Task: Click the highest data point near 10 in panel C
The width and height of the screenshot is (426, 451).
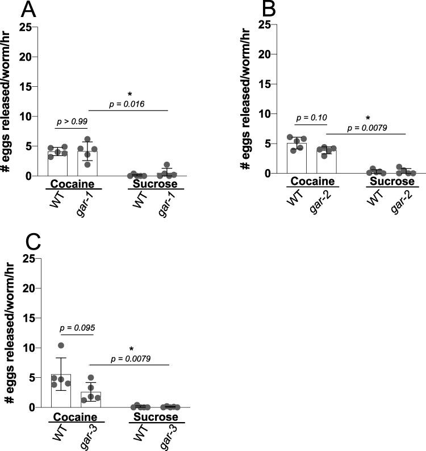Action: [x=61, y=345]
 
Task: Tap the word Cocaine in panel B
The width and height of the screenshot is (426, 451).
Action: [x=304, y=182]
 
